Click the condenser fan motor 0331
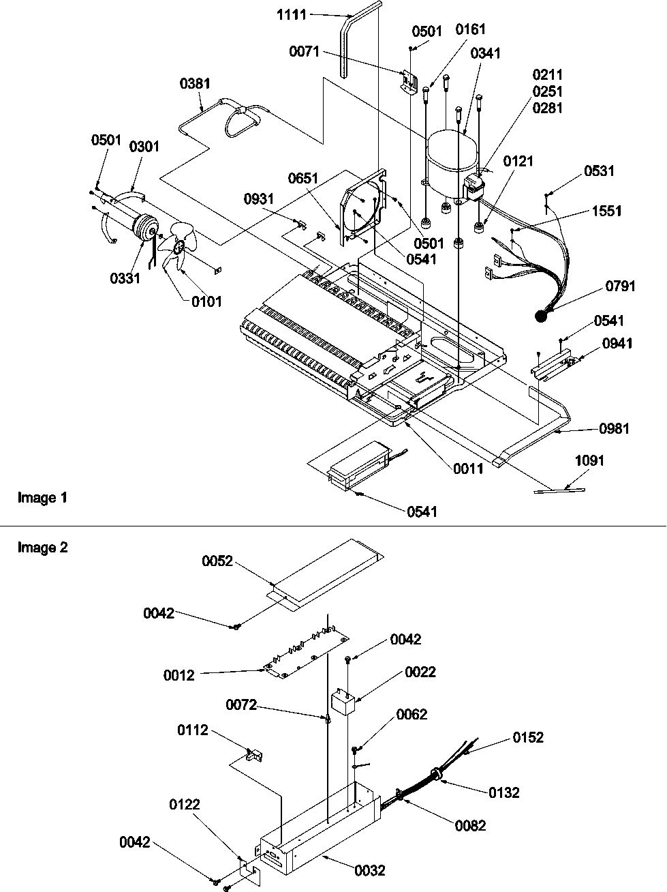coord(144,227)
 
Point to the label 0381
coord(195,84)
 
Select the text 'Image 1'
coord(42,498)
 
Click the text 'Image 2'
coord(42,548)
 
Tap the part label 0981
coord(614,428)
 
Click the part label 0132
coord(503,792)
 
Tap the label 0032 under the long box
coord(369,870)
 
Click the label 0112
coord(193,730)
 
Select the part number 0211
coord(548,75)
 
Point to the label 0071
coord(304,52)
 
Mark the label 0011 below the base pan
coord(468,468)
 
